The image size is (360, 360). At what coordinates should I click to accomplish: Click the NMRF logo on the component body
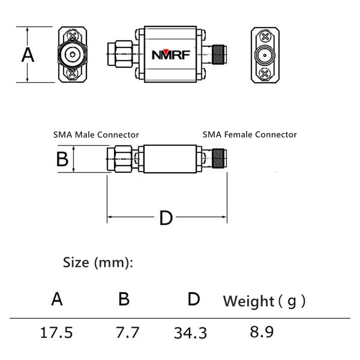(171, 55)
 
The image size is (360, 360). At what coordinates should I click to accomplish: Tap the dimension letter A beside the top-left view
(28, 55)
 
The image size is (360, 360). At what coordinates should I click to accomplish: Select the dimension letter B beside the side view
(62, 159)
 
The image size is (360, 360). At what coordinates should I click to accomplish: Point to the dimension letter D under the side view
(166, 218)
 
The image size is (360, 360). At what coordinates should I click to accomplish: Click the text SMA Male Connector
(96, 135)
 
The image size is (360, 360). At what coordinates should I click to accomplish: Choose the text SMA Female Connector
(250, 134)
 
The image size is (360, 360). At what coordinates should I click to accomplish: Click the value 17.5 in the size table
(56, 333)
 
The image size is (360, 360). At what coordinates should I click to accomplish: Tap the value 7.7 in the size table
(127, 333)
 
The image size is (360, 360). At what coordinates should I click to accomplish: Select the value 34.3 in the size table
(191, 333)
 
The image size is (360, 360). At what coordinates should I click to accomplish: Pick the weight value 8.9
(262, 332)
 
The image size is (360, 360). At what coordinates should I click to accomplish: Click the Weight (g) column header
(264, 301)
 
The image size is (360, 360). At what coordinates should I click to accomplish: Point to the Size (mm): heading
(98, 263)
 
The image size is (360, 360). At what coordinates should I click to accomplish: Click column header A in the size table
(57, 299)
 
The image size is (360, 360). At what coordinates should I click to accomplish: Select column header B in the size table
(124, 299)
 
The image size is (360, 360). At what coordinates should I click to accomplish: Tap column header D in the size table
(194, 299)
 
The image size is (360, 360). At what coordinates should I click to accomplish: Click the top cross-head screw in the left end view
(72, 36)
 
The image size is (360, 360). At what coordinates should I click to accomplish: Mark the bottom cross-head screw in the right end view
(264, 74)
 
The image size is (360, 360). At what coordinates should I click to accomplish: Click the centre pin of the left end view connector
(72, 55)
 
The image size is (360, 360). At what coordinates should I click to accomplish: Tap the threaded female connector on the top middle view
(219, 55)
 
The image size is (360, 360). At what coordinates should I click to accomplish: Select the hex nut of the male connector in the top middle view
(123, 54)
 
